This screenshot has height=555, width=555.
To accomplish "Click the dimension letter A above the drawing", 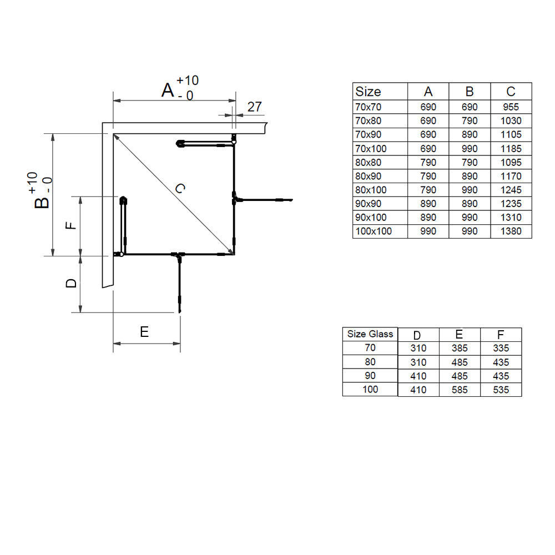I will [168, 89].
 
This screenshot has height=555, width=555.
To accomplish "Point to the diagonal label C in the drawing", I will [179, 189].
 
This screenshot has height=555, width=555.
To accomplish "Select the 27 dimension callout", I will [254, 107].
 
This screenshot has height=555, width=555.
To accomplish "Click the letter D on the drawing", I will [71, 283].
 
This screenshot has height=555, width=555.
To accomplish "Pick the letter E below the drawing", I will [144, 332].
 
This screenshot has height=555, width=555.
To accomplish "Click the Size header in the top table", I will [368, 92].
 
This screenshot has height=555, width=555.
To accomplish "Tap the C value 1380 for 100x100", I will [511, 231].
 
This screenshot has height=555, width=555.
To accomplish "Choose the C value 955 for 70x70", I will [511, 107].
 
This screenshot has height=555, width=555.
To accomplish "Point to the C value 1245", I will [511, 190].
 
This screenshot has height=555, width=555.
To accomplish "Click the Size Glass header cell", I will [370, 334].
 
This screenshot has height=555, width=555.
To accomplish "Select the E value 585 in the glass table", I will [459, 390].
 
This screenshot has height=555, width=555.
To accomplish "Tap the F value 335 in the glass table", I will [501, 349].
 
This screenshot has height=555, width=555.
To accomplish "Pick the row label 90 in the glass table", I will [370, 376].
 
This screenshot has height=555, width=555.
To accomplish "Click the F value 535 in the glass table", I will [501, 390].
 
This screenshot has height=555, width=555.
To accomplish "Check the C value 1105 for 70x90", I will [511, 135].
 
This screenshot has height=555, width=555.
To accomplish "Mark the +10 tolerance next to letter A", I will [188, 80].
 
